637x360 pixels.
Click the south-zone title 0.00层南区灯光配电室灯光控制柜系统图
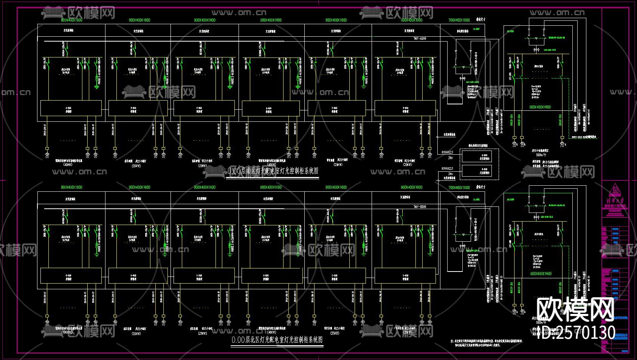pos(273,171)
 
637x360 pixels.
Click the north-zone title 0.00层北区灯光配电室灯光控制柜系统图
pos(277,340)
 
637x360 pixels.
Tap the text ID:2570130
pos(577,333)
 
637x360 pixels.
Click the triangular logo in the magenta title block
pos(615,189)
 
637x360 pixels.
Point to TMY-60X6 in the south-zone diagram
pos(420,39)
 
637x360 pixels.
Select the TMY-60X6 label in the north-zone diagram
pos(420,207)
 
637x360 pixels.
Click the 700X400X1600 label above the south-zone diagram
pos(459,20)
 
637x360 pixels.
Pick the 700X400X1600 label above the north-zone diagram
pos(459,188)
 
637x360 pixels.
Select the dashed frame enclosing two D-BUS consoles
pos(479,163)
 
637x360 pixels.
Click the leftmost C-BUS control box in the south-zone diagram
pos(71,108)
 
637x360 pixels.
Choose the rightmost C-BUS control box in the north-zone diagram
pos(405,276)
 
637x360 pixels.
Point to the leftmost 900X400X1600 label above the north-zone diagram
pos(71,188)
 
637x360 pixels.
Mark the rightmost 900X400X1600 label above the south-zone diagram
pos(412,20)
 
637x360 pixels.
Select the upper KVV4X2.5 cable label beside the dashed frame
pos(447,152)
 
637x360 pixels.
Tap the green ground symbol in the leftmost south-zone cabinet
pos(97,87)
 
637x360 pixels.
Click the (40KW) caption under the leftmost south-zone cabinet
pos(68,165)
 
